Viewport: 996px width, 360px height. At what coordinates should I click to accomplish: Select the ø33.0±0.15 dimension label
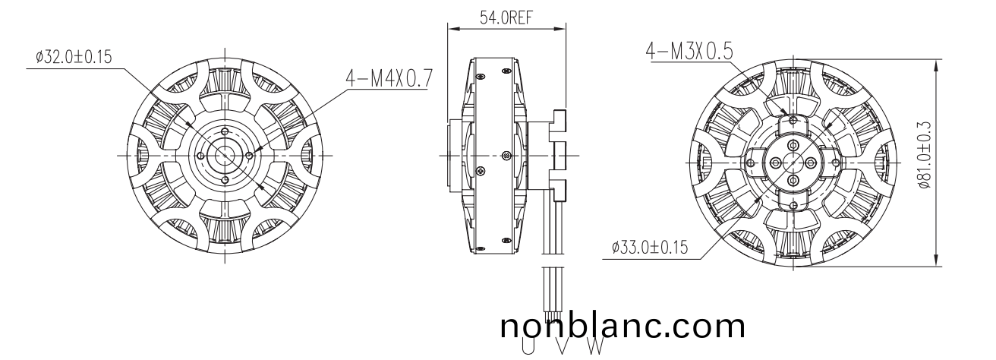point(648,248)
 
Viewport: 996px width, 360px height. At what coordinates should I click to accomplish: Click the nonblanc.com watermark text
point(622,326)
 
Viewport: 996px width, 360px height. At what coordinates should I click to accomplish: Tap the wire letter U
point(527,346)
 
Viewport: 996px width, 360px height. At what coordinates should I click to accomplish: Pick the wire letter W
point(596,346)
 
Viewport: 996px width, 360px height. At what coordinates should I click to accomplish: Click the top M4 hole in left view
point(225,130)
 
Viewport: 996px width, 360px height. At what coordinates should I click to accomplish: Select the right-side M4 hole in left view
point(250,154)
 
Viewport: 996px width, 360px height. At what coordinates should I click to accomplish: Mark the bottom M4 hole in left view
point(225,179)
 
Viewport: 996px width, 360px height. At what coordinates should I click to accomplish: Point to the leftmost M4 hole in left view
point(200,154)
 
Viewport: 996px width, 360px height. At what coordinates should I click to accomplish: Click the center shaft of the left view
point(225,154)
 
